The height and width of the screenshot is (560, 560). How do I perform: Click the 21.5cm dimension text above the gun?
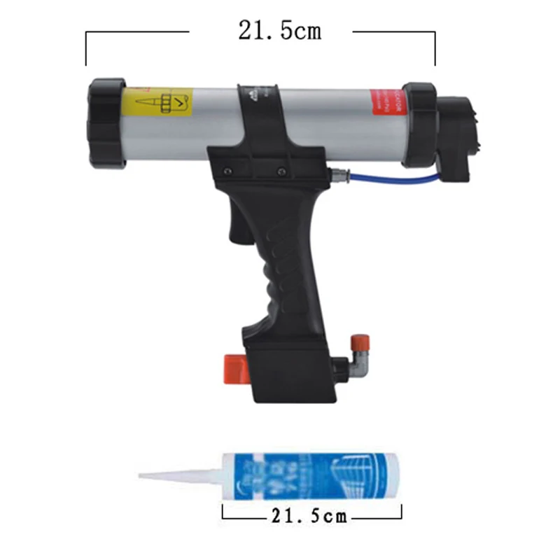(x=279, y=31)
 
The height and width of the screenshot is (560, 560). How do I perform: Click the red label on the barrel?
(x=386, y=111)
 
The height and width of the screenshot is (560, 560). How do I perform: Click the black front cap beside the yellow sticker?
(x=106, y=123)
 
